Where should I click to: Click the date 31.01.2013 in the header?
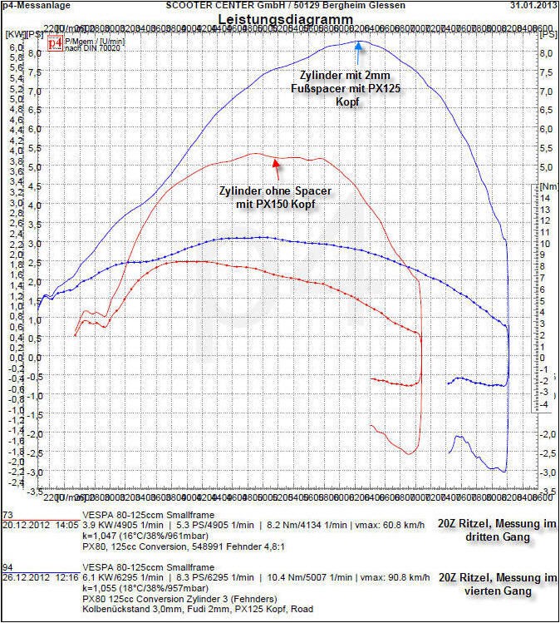533,6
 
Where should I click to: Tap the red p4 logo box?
55,42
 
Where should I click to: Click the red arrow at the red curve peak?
275,161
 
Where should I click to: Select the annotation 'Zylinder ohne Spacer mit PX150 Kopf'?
272,196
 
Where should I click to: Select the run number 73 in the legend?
7,516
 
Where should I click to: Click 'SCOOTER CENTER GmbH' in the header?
209,6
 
